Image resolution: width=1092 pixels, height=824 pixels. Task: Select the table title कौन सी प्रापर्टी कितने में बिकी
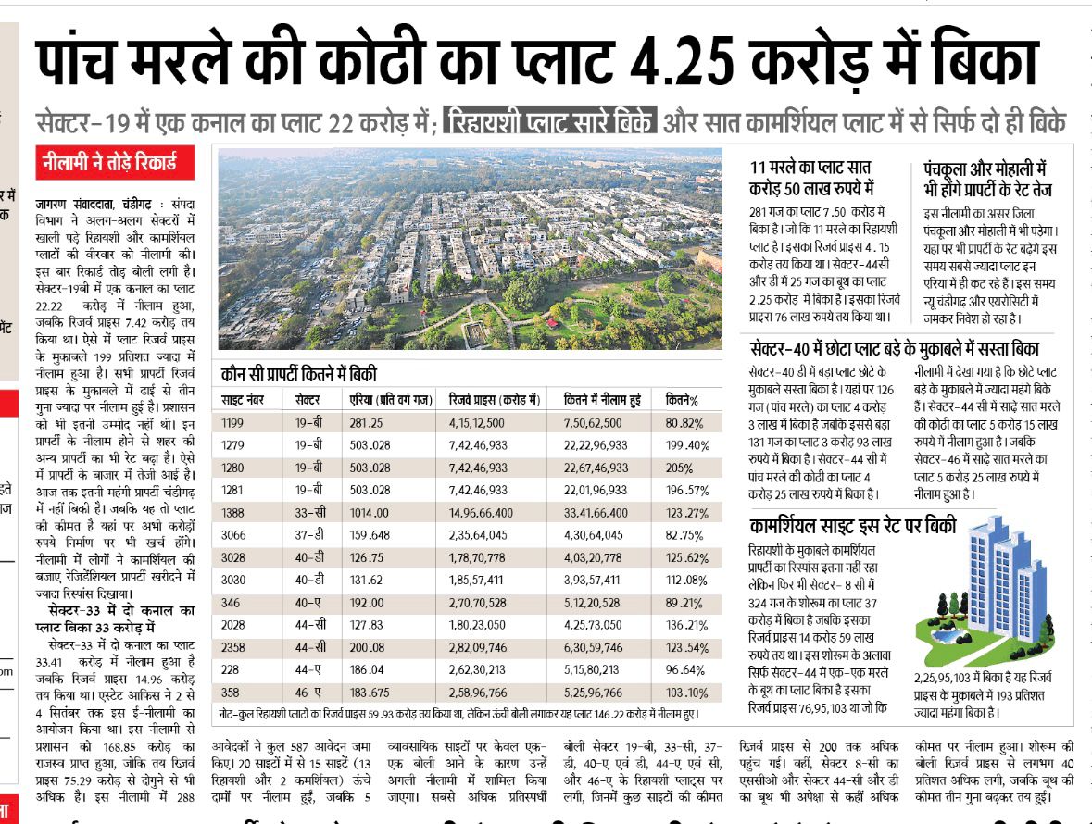[299, 374]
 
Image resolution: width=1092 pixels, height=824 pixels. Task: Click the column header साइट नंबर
[245, 400]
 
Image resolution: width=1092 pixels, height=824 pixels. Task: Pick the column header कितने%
[682, 400]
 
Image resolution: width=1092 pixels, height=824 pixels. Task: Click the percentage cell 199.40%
[687, 445]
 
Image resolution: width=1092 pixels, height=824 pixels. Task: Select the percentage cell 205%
[680, 468]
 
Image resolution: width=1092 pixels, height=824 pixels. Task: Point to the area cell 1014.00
[370, 513]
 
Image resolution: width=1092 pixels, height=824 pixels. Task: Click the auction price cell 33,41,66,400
[596, 513]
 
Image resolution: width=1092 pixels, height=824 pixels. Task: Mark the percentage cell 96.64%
[685, 669]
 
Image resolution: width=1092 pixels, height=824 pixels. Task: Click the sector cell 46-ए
[308, 692]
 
